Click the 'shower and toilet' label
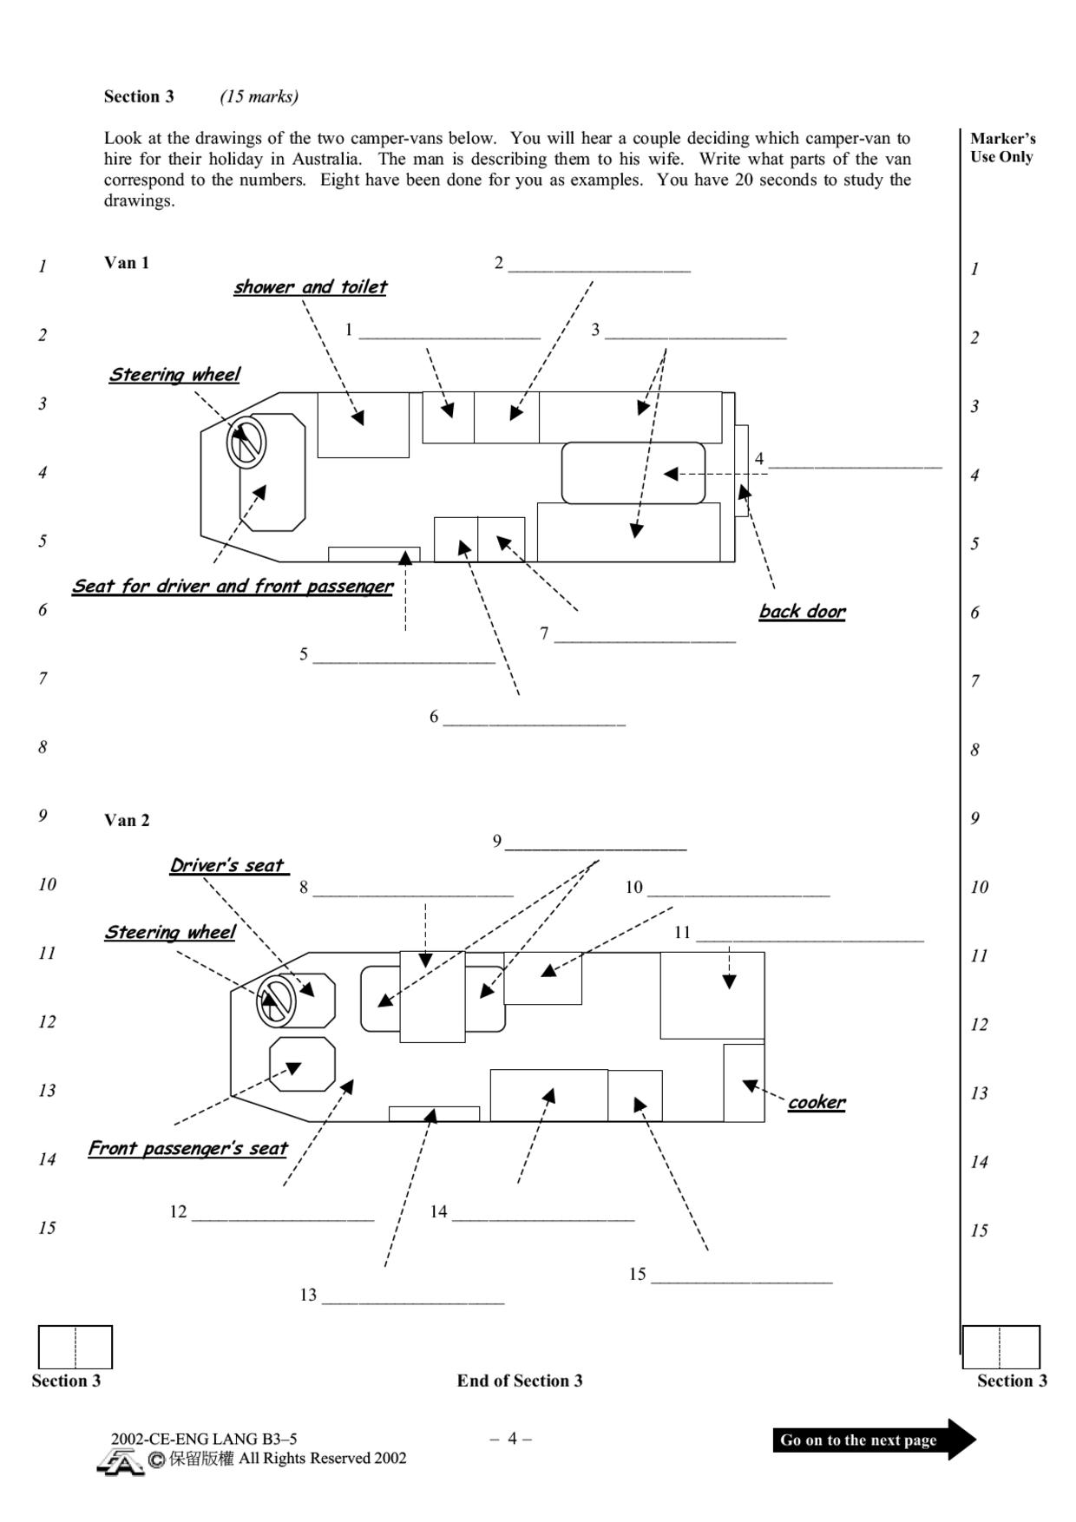coord(310,287)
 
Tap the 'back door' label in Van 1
coord(802,612)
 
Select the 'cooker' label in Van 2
coord(817,1102)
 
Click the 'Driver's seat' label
coord(228,865)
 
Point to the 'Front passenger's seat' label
coord(187,1149)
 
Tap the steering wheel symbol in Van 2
coord(276,1000)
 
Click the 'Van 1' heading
coord(127,263)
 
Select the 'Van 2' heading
coord(127,820)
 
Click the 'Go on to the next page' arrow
coord(874,1440)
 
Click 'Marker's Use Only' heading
coord(1002,148)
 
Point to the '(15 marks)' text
coord(259,96)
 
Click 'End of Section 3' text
coord(520,1381)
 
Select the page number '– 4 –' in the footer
coord(511,1439)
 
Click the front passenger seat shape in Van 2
coord(302,1064)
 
